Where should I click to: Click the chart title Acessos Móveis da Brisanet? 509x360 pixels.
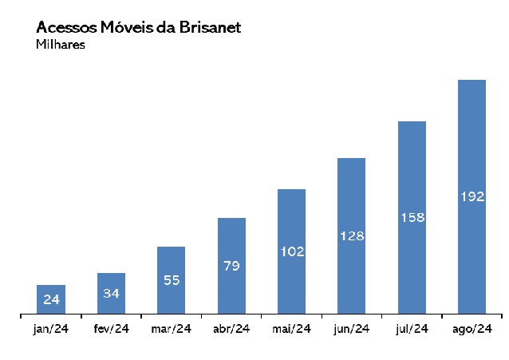(138, 27)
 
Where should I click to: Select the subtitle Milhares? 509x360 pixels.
(61, 45)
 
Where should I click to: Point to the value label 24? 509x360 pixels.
(51, 300)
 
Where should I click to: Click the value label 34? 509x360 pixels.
(112, 294)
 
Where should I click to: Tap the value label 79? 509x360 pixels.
(231, 266)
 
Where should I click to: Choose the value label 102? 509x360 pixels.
(291, 251)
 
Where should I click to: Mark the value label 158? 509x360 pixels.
(412, 217)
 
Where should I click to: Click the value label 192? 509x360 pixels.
(472, 196)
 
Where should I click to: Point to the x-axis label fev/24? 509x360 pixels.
(111, 329)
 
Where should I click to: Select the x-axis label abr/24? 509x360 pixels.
(231, 329)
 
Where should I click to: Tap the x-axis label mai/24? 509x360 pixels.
(291, 329)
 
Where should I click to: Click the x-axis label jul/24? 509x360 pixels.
(412, 329)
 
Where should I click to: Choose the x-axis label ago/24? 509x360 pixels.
(472, 329)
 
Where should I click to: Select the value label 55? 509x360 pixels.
(172, 280)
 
